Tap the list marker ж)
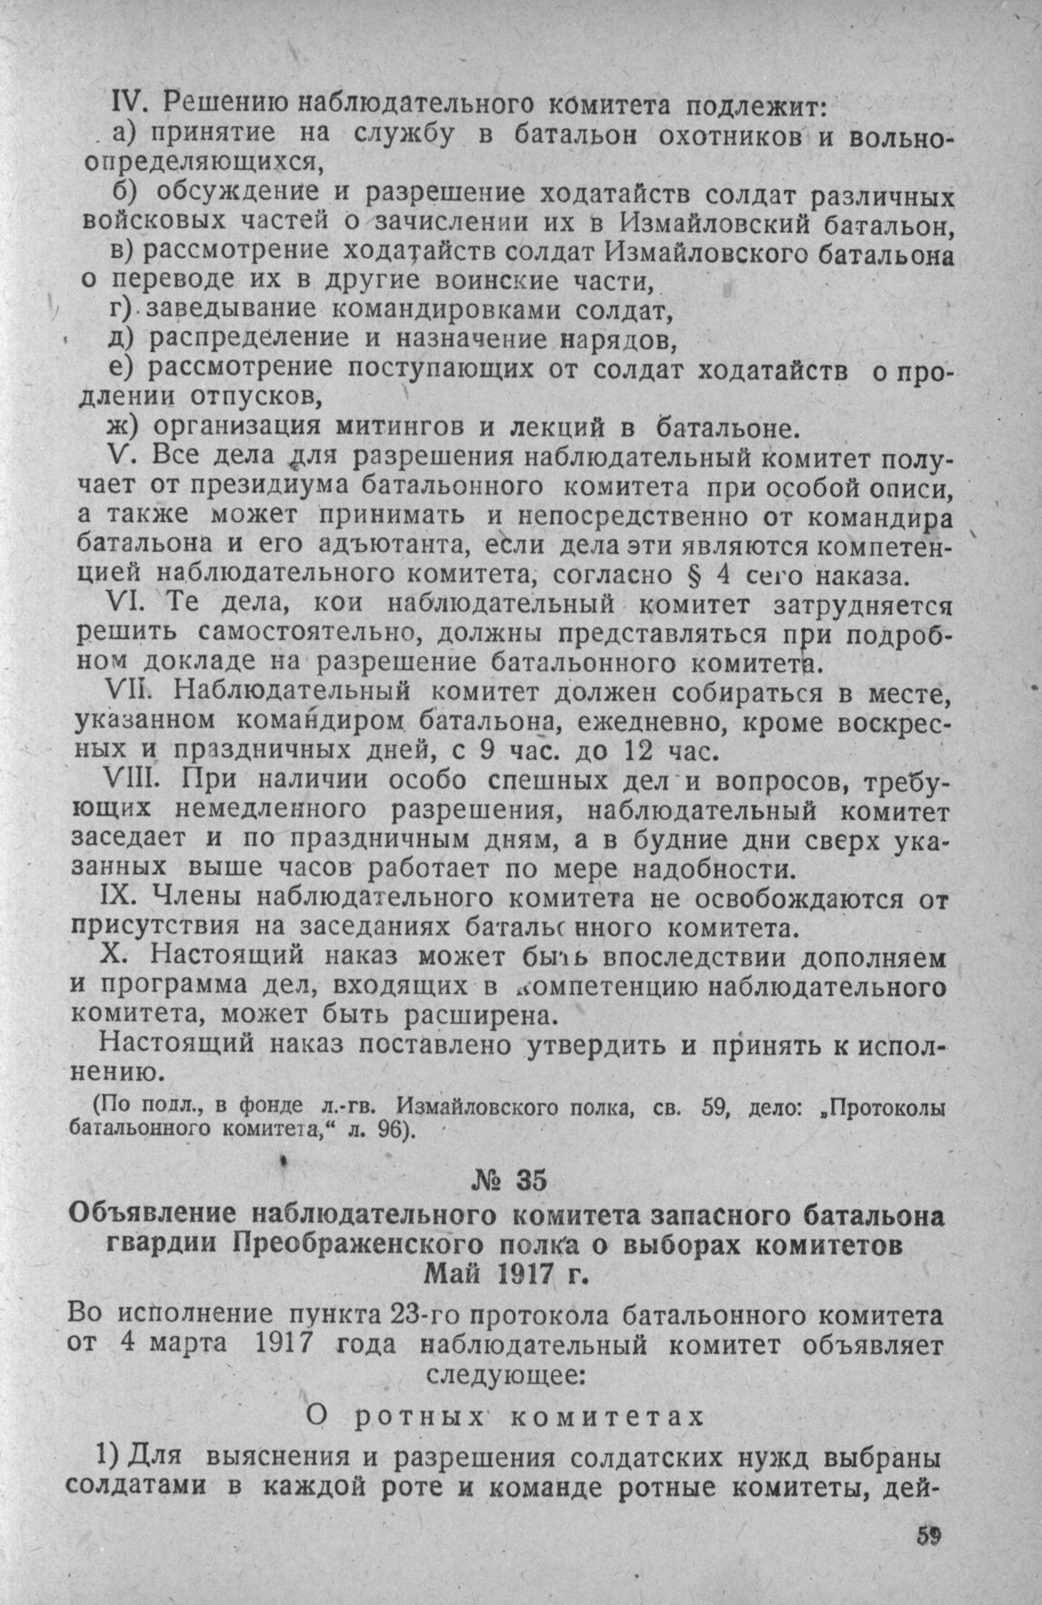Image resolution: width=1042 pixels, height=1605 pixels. (122, 426)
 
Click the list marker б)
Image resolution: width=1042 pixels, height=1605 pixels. (125, 194)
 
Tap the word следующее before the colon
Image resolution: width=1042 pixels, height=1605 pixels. (498, 1372)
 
